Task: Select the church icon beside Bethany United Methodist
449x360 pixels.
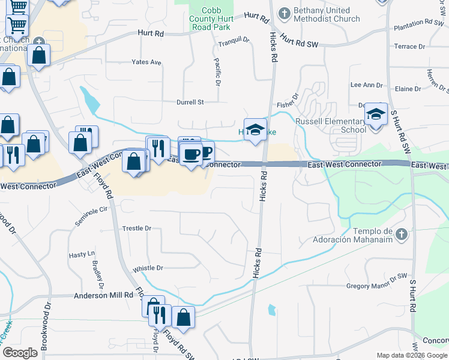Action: (x=283, y=12)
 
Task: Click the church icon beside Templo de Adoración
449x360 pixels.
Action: (x=402, y=233)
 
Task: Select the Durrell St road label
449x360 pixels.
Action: (x=190, y=102)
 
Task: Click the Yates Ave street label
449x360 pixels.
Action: (x=147, y=62)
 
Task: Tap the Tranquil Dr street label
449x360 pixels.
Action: (x=234, y=40)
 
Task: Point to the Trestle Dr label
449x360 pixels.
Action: (x=137, y=229)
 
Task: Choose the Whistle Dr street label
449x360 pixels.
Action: (x=148, y=268)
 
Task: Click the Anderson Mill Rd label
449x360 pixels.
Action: (x=103, y=295)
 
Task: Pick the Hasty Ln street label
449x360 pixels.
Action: (x=82, y=254)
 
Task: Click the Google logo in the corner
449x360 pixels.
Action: (x=20, y=353)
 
